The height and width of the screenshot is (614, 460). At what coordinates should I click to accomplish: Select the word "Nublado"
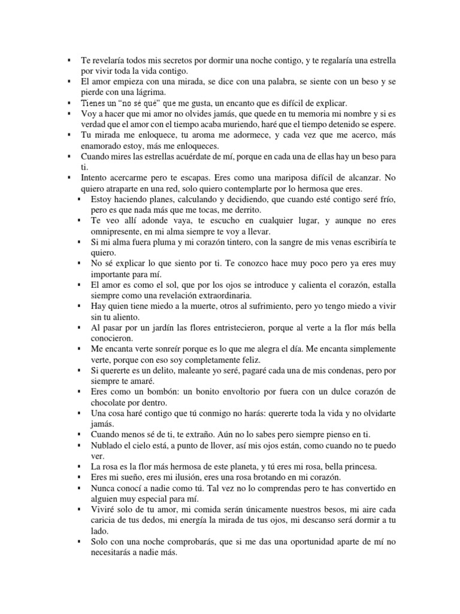[107, 445]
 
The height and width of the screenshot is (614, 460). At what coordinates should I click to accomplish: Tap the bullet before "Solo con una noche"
[79, 541]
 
